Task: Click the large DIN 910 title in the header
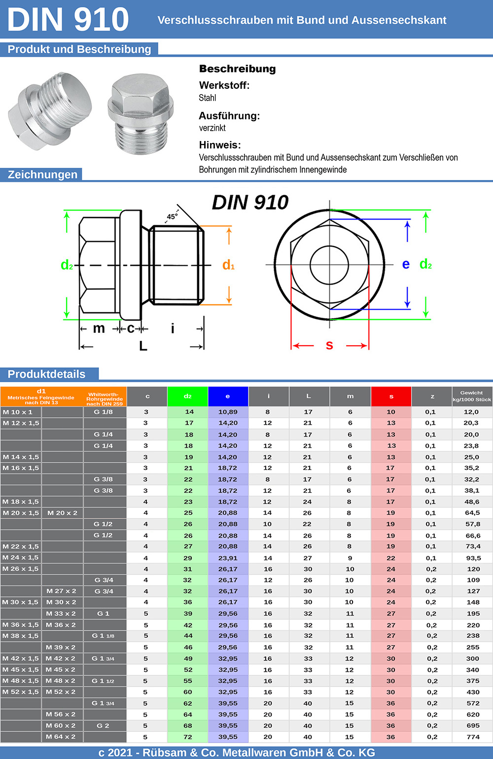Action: coord(68,19)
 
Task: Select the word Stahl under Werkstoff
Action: coord(208,98)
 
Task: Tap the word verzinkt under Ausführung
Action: coord(212,128)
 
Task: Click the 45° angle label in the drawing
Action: coord(172,217)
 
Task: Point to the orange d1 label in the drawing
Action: coord(228,265)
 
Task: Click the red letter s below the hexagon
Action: coord(329,346)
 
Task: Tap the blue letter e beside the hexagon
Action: coord(406,264)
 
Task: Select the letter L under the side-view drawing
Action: coord(143,346)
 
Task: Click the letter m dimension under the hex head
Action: coord(99,328)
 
